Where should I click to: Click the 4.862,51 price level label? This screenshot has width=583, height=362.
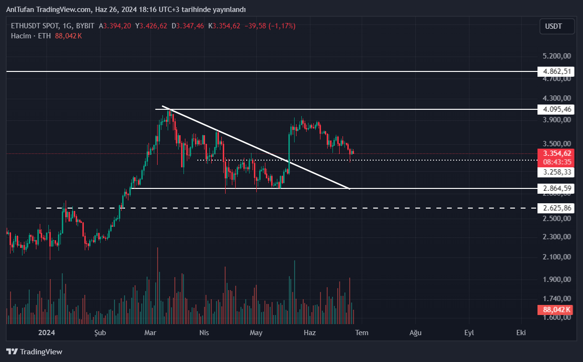tap(555, 71)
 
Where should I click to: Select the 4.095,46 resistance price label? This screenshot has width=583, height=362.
tap(555, 109)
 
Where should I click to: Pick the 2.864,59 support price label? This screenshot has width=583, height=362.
tap(555, 188)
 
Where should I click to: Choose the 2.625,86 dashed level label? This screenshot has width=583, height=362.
tap(555, 208)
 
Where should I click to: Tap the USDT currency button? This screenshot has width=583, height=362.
tap(557, 26)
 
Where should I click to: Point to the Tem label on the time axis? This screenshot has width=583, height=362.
tap(362, 333)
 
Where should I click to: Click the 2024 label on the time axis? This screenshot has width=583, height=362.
tap(47, 333)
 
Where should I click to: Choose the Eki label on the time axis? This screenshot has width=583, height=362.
tap(521, 333)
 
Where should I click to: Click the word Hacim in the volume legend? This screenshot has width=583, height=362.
tap(21, 36)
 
